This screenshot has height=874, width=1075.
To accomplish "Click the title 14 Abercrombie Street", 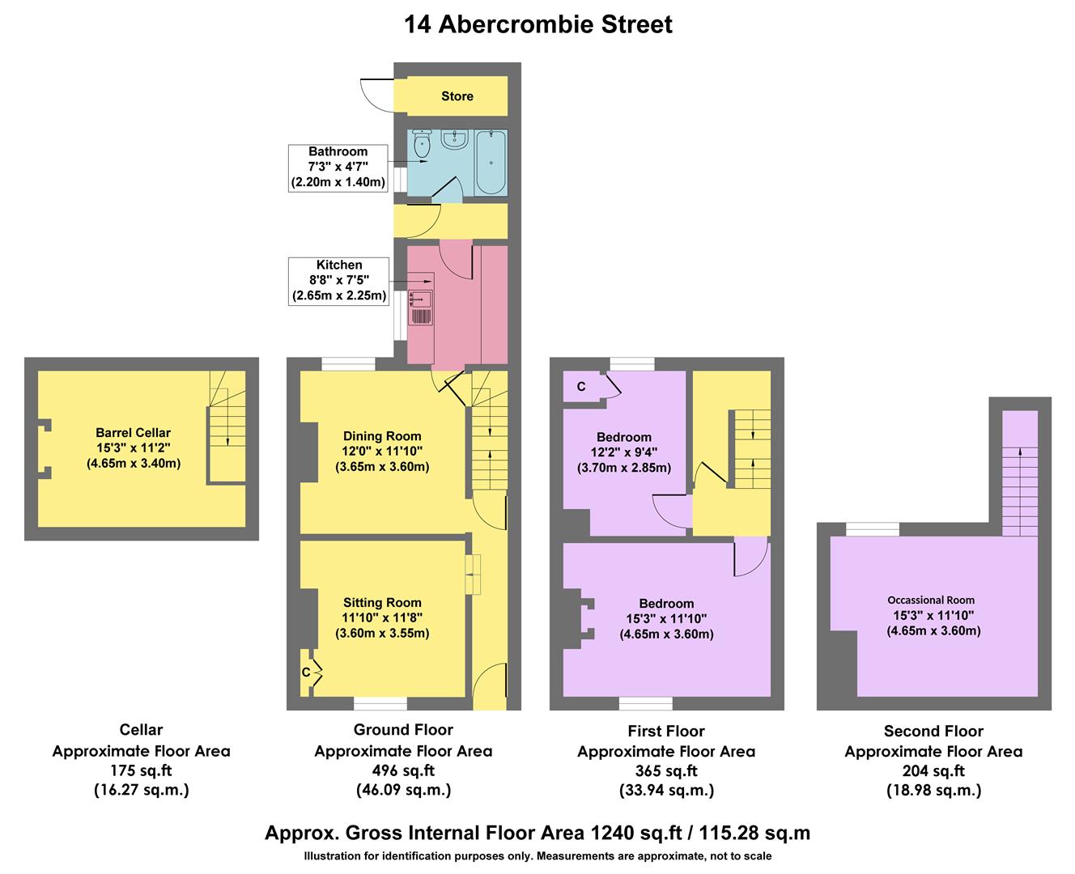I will (x=537, y=24).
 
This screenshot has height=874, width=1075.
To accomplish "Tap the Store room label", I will (x=457, y=96).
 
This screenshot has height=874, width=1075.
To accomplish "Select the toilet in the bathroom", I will (x=422, y=145).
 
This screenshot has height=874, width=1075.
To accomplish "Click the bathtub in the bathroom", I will (x=491, y=162).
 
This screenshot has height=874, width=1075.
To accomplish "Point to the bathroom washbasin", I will (x=454, y=140).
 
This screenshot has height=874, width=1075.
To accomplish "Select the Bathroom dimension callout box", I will (x=338, y=167).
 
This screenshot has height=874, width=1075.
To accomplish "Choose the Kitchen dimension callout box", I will (x=339, y=280).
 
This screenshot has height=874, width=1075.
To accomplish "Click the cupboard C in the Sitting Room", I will (x=308, y=672).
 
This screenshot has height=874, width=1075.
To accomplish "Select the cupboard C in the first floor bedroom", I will (x=581, y=387).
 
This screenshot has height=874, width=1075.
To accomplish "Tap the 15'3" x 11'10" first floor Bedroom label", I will (x=666, y=619).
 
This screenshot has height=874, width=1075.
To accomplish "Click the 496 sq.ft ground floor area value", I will (x=403, y=770).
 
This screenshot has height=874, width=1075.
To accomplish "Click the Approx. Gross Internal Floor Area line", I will (x=537, y=833).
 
